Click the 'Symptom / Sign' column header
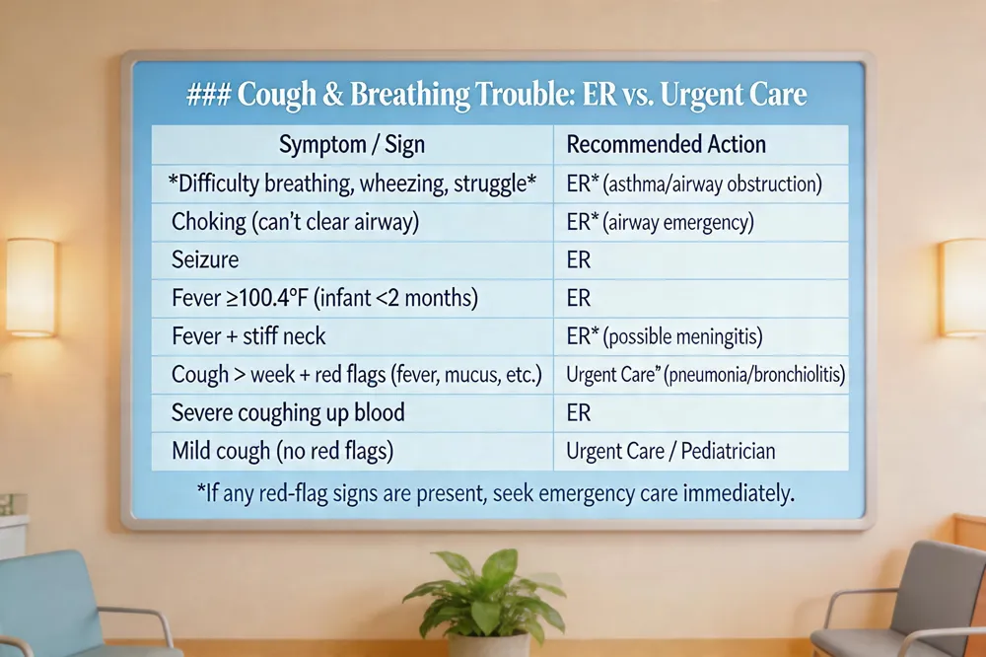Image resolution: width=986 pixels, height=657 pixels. tap(352, 145)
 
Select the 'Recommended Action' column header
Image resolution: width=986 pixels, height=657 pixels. tap(666, 144)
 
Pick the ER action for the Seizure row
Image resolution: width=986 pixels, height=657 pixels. tap(579, 259)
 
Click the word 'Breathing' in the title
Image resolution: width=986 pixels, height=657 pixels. tap(409, 95)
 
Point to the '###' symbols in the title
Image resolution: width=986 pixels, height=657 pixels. tap(209, 95)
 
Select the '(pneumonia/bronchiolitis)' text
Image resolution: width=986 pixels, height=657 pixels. tap(754, 375)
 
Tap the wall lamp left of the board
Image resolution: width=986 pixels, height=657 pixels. tap(31, 287)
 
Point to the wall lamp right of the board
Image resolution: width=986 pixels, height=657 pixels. tap(962, 287)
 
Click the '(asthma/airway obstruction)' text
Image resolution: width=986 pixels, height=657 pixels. tap(712, 183)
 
